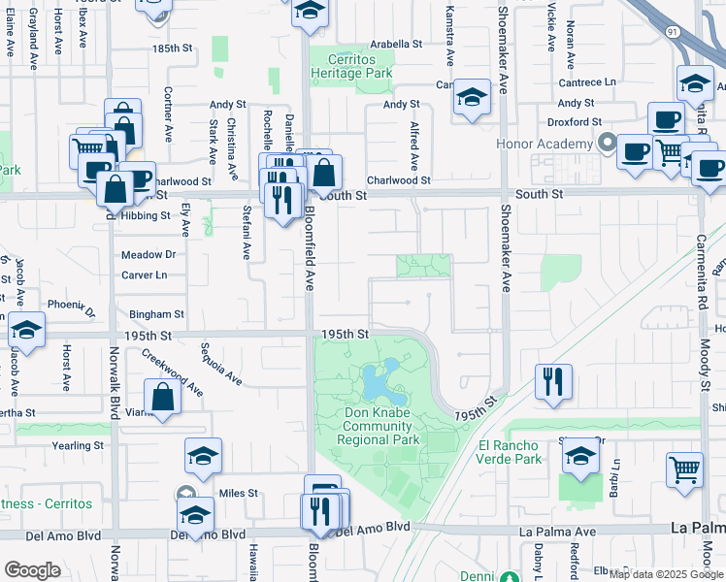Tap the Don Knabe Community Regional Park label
378,426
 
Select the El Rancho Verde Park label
511,453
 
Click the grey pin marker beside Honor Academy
608,145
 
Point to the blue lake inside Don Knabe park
382,384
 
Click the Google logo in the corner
32,569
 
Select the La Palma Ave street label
557,532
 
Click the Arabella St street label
395,44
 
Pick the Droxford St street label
574,122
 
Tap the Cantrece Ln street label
587,82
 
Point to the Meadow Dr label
148,255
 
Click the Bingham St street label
156,314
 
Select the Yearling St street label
79,445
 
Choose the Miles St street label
238,493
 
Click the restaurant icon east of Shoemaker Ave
552,380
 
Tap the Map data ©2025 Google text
666,574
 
